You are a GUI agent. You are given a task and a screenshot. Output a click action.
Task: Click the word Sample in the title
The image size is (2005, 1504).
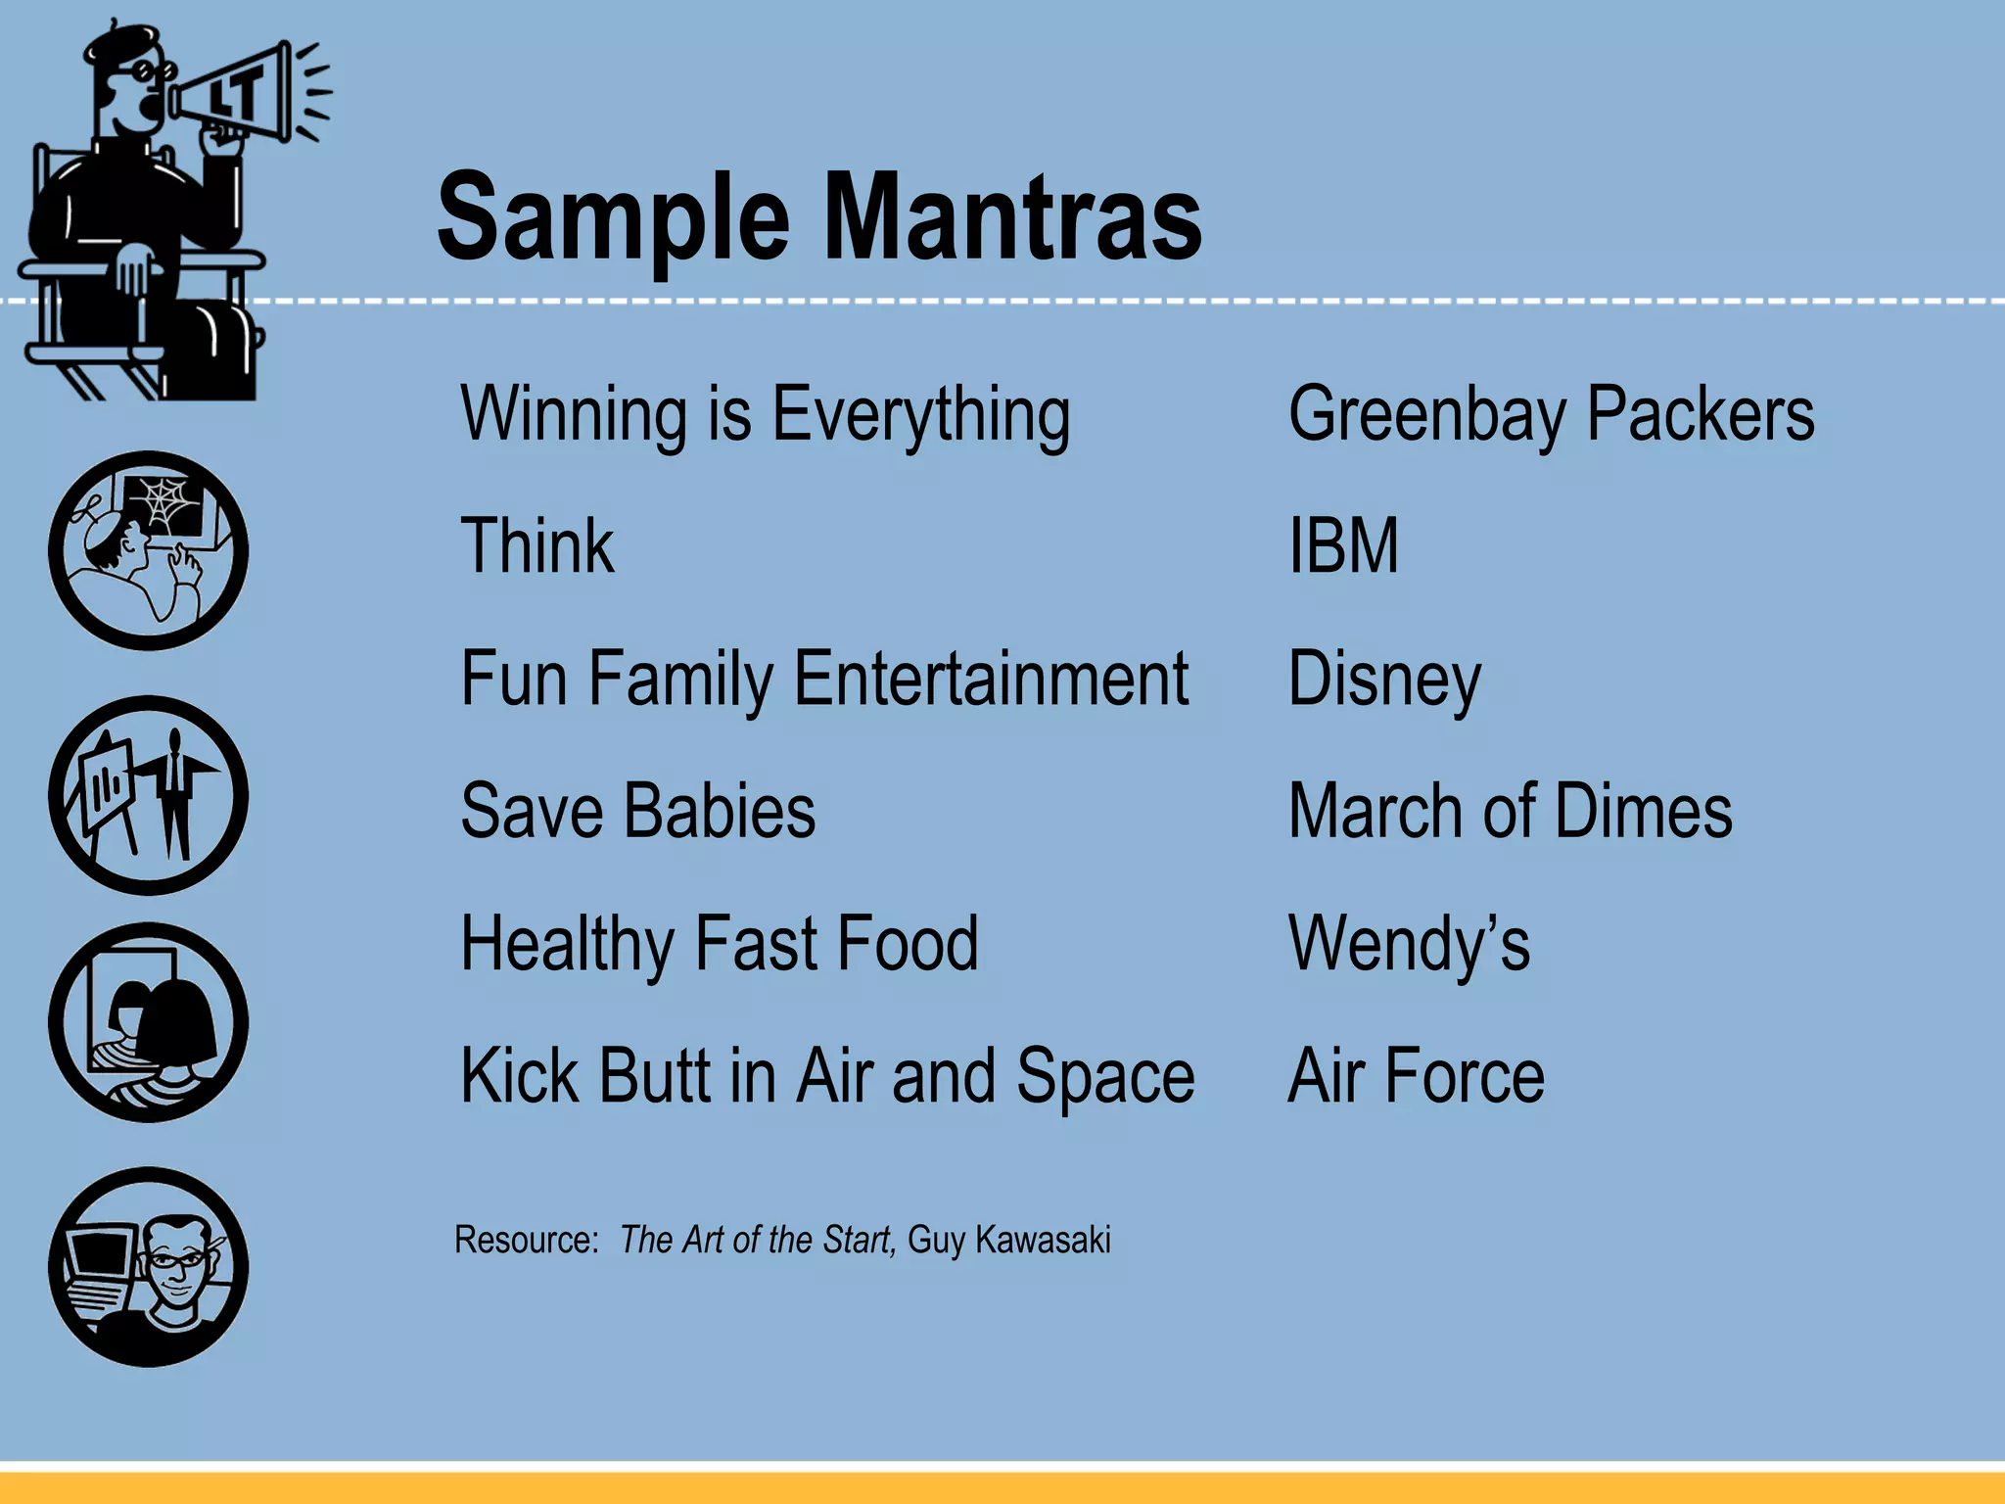click(x=613, y=220)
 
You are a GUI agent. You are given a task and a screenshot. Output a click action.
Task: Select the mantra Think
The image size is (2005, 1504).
click(x=537, y=545)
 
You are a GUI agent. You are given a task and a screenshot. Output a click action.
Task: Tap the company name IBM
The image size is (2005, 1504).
click(x=1343, y=545)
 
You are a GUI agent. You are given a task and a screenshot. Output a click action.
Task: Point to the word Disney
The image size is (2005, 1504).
click(x=1384, y=680)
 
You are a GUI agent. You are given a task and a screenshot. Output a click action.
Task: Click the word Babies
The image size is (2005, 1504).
click(x=720, y=811)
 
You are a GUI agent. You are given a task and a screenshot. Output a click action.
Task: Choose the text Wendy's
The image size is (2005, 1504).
click(x=1409, y=944)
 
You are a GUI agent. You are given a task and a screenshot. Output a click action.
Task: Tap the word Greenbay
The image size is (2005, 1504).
click(x=1426, y=415)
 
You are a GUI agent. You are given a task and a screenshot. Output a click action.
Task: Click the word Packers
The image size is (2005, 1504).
click(x=1701, y=413)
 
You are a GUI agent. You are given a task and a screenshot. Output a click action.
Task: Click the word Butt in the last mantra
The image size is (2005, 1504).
click(x=654, y=1076)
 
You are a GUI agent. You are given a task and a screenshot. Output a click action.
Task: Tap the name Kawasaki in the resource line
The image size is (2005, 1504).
click(x=1043, y=1240)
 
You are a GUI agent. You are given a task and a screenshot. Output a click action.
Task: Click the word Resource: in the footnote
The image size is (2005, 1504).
click(x=527, y=1240)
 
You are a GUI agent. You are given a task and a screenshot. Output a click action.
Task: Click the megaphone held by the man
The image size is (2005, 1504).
click(x=235, y=93)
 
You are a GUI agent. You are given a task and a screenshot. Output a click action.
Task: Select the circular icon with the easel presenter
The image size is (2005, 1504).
click(x=148, y=795)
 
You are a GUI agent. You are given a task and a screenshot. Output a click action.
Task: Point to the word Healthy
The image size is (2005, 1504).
click(x=567, y=944)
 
